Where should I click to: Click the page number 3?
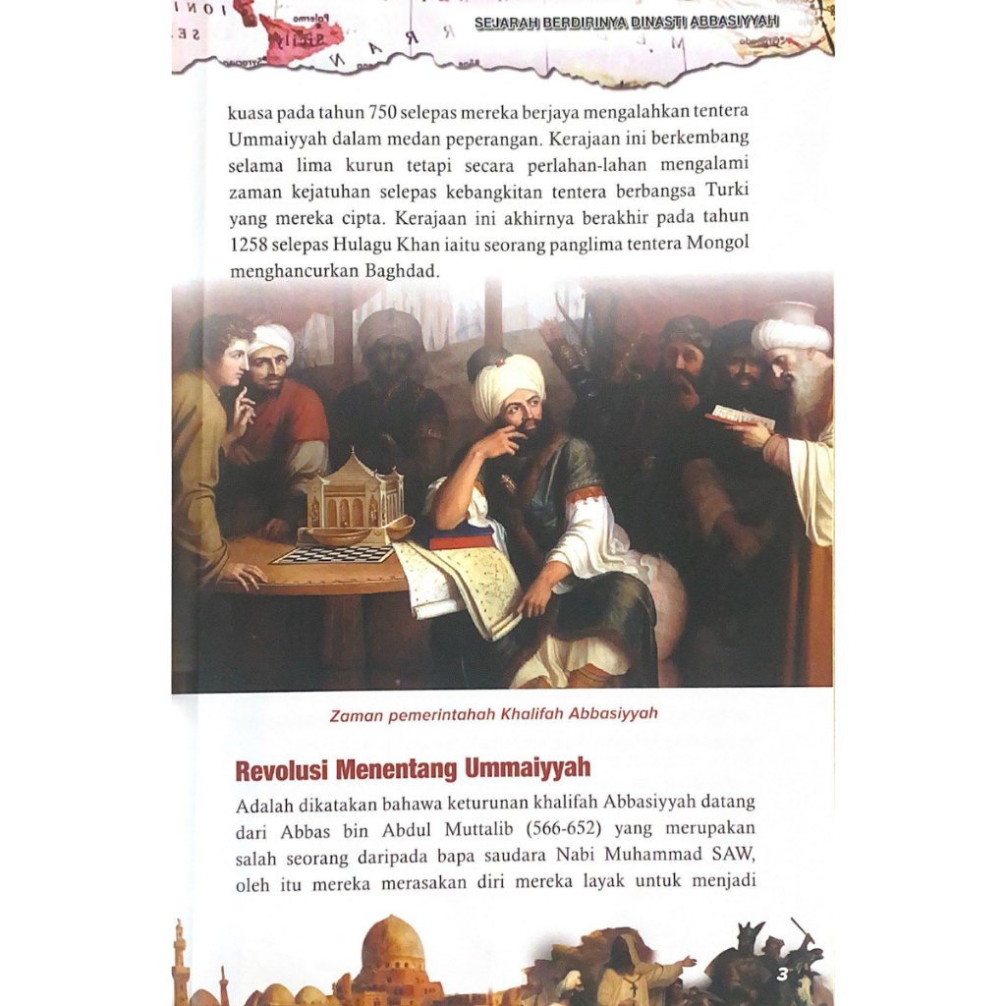782,975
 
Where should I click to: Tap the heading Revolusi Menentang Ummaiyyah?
413,767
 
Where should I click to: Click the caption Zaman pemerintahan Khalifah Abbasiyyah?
493,714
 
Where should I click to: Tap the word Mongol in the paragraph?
717,243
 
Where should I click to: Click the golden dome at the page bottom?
392,944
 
